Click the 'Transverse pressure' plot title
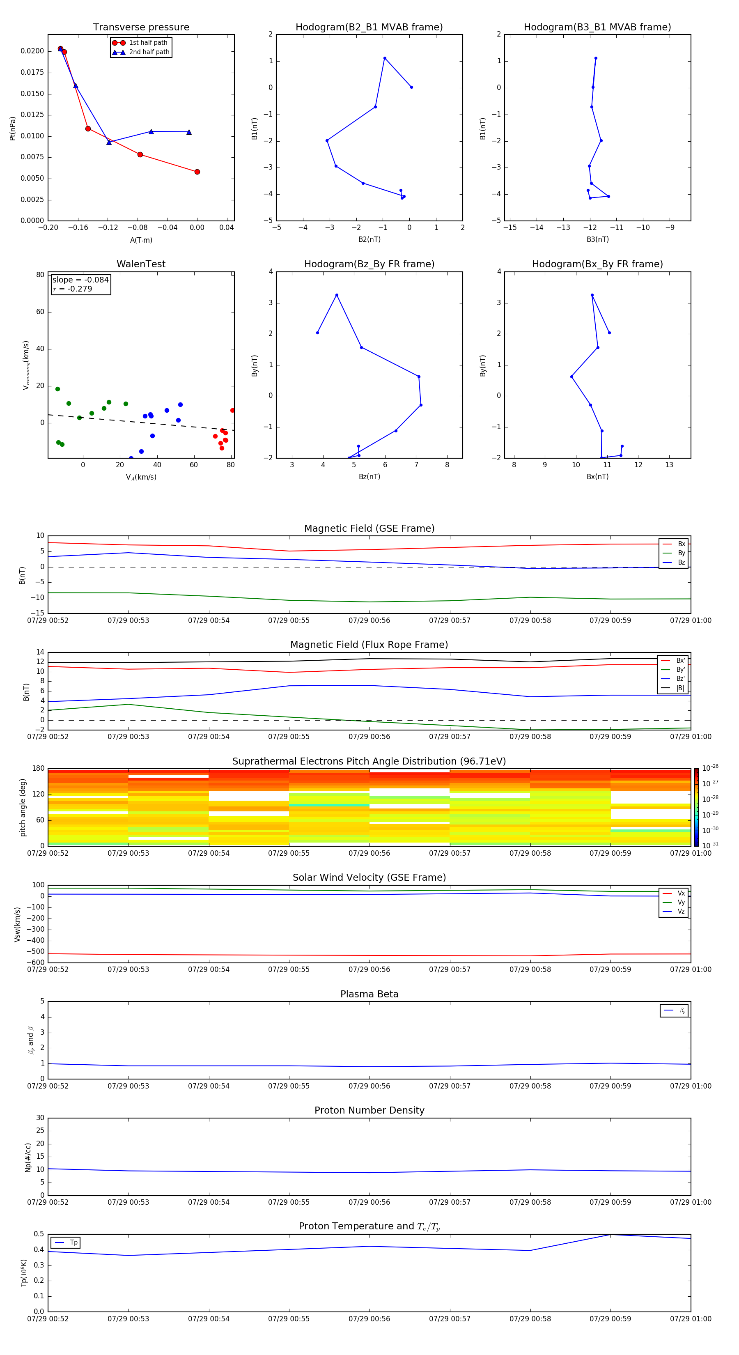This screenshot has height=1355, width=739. [141, 28]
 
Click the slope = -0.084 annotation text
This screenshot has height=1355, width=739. [80, 280]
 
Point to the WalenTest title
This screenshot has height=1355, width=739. [141, 264]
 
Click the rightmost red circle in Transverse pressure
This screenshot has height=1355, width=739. [197, 172]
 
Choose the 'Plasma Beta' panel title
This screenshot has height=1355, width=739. [369, 994]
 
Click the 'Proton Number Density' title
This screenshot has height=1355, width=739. [369, 1110]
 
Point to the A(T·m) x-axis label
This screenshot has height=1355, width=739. [141, 240]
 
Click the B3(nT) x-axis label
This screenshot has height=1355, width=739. [597, 239]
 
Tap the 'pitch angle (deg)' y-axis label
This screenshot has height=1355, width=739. [23, 807]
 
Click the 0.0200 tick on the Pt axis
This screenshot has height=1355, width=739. [32, 51]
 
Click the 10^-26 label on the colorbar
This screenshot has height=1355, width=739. [710, 768]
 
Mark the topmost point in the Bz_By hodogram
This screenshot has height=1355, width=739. [337, 295]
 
